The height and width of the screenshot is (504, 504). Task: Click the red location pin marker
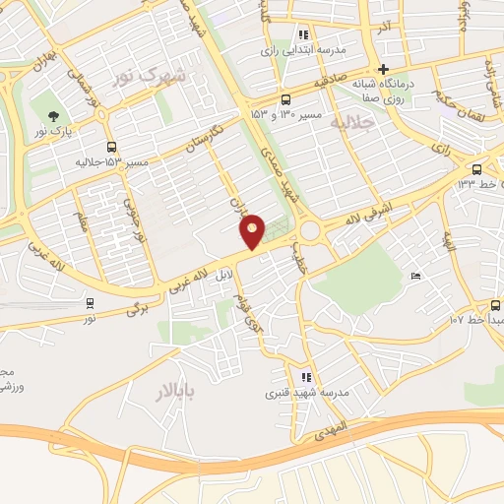(253, 231)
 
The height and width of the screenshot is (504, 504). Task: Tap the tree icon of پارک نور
(52, 114)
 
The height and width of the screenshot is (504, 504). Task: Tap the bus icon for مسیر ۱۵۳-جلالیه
(111, 146)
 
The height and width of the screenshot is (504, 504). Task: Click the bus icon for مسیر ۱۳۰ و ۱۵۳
(285, 98)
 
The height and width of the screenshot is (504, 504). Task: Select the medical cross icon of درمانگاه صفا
(383, 69)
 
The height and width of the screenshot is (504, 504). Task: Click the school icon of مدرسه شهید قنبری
(305, 377)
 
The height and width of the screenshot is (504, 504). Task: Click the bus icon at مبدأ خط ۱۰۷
(494, 305)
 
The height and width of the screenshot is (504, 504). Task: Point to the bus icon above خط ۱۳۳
(477, 167)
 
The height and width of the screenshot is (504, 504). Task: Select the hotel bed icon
(415, 277)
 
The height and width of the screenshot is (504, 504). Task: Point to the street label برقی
(135, 310)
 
